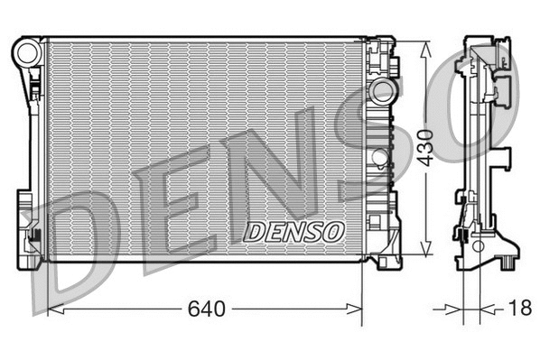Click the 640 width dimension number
[206, 309]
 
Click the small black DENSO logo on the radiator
[294, 232]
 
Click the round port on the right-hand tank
[385, 91]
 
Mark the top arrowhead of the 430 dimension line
[425, 46]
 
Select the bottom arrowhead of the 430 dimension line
[425, 254]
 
